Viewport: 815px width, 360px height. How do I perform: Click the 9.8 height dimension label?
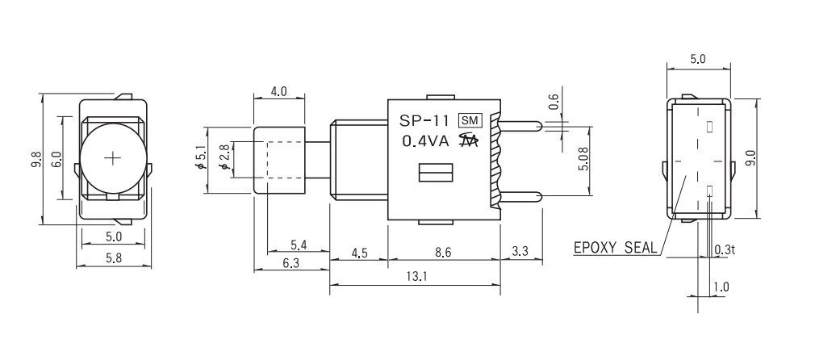tap(32, 161)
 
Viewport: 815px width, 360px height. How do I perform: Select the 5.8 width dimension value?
tap(113, 258)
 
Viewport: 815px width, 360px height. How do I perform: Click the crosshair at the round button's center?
tap(114, 156)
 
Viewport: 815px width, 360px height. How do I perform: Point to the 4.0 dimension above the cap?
tap(278, 92)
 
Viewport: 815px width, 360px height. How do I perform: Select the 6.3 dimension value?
tap(290, 264)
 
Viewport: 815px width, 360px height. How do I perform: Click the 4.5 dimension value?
tap(359, 253)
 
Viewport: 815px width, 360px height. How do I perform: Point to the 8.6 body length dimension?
tap(443, 253)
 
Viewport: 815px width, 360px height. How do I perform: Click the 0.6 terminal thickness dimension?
tap(554, 102)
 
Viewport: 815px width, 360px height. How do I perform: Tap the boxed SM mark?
tap(470, 121)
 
